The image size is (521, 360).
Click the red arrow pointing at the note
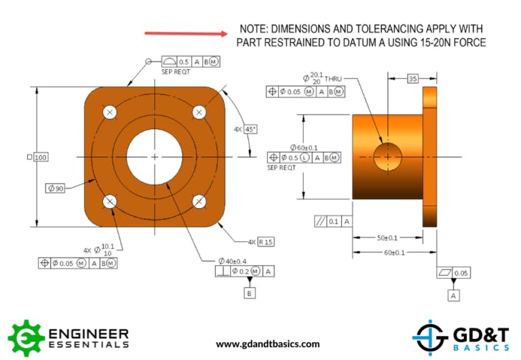[187, 33]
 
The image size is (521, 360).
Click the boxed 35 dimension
[412, 79]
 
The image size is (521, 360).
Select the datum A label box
[452, 296]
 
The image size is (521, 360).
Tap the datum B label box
[249, 293]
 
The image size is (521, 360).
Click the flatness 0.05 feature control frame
[454, 273]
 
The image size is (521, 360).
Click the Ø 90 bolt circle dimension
[56, 188]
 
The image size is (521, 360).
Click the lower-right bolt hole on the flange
[199, 201]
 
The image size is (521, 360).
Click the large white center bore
[155, 157]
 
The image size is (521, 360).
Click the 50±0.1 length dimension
[387, 238]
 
